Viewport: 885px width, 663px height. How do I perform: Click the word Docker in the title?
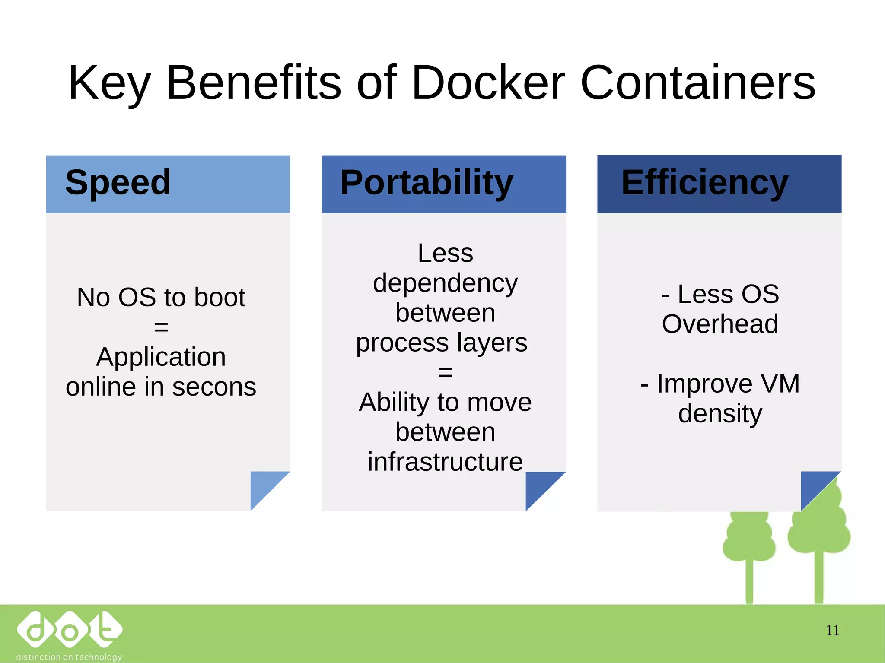click(x=488, y=83)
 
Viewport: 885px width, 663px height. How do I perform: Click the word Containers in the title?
click(x=697, y=83)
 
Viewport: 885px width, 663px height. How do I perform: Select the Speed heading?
click(x=118, y=183)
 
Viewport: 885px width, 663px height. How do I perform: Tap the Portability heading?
click(x=427, y=183)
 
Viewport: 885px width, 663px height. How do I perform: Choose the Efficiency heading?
click(x=705, y=183)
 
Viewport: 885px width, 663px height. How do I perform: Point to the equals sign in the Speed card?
click(x=161, y=327)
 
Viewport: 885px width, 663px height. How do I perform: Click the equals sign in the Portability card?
click(x=445, y=372)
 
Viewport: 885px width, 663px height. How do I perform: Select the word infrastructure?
click(x=445, y=462)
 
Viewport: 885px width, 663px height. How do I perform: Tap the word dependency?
click(x=445, y=284)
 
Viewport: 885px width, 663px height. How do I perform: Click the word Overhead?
click(x=720, y=324)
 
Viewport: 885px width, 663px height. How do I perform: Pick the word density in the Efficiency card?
click(x=720, y=414)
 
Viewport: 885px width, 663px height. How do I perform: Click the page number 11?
click(x=832, y=631)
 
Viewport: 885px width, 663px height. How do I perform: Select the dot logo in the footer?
click(x=69, y=629)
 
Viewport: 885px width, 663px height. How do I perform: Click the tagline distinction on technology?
click(x=69, y=657)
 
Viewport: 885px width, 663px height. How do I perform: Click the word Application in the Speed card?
click(x=161, y=357)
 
